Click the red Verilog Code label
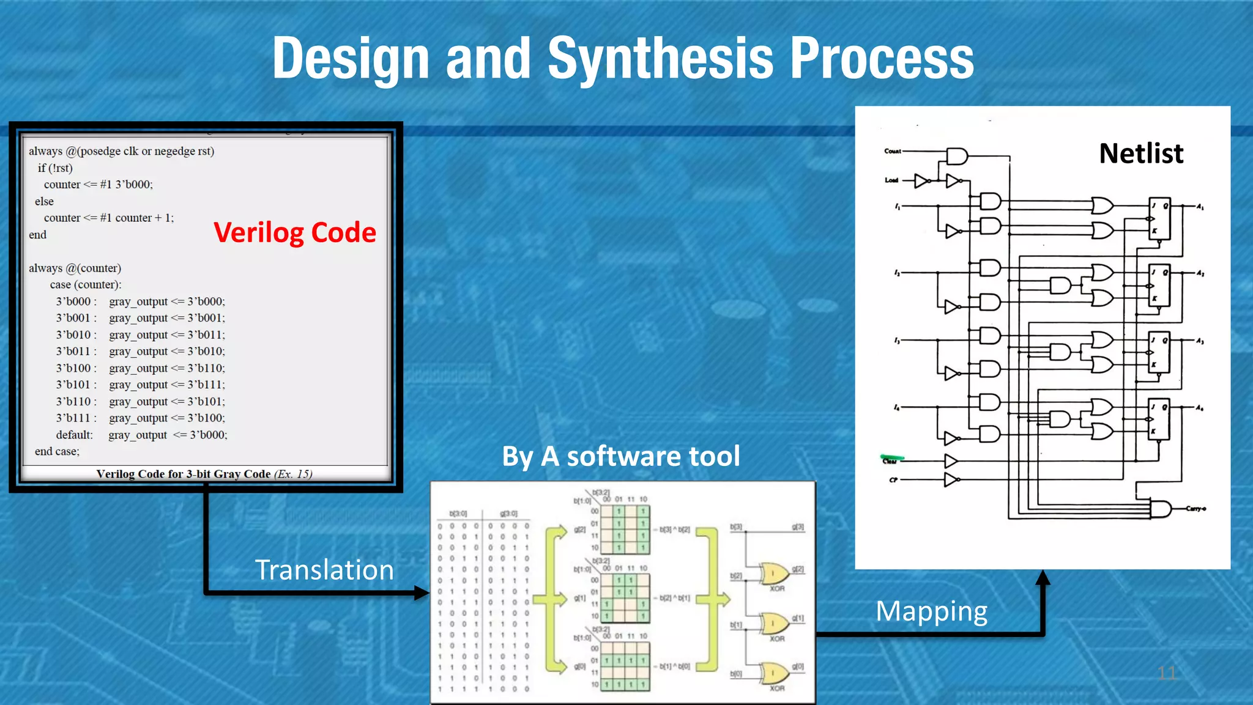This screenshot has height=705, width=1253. [x=294, y=233]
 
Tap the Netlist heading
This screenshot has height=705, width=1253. [x=1140, y=153]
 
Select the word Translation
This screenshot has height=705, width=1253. [x=324, y=570]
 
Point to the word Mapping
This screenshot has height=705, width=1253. [x=931, y=611]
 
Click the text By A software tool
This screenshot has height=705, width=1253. [x=620, y=456]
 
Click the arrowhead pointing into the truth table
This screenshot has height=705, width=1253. [x=422, y=592]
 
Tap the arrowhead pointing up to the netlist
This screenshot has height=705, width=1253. [x=1043, y=577]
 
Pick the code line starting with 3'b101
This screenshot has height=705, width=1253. [x=140, y=385]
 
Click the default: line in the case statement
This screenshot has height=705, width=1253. [x=141, y=435]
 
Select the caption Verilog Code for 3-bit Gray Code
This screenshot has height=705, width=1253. [x=204, y=474]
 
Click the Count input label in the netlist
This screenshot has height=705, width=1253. [x=892, y=151]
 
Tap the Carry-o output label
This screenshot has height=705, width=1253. [x=1195, y=509]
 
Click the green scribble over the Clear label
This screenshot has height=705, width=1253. [x=892, y=457]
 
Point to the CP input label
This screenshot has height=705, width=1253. [x=893, y=480]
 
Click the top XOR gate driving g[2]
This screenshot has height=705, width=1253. [x=773, y=574]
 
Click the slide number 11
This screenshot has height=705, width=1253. [x=1166, y=673]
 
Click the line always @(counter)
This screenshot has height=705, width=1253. [x=75, y=268]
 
